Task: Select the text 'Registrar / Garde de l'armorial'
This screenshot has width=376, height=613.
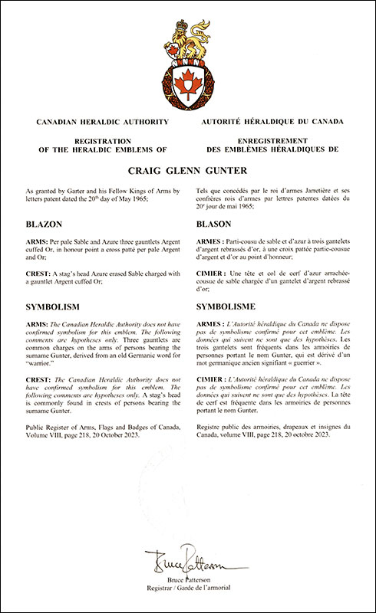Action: click(187, 589)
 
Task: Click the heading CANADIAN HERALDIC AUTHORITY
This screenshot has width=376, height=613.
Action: click(91, 122)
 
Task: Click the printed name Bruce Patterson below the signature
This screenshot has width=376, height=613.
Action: click(187, 581)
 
